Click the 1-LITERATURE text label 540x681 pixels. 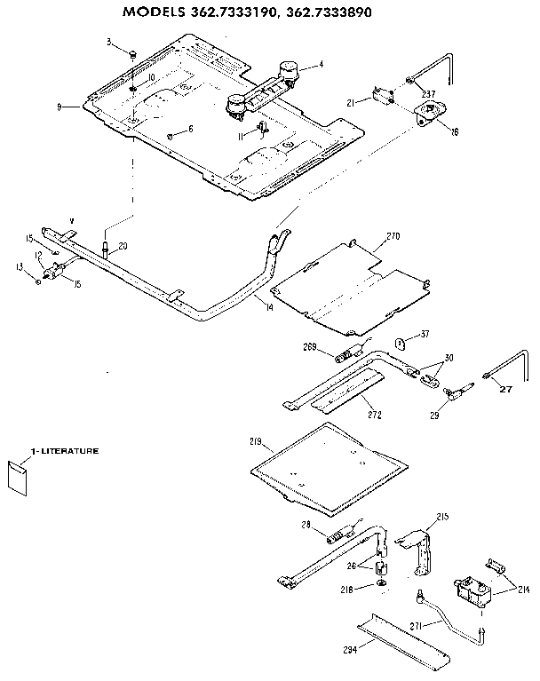64,451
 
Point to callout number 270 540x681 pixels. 393,237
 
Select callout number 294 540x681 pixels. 351,650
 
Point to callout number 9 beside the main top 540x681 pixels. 60,107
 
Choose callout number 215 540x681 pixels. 443,517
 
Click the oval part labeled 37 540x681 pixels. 401,343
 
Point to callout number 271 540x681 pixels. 416,625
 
